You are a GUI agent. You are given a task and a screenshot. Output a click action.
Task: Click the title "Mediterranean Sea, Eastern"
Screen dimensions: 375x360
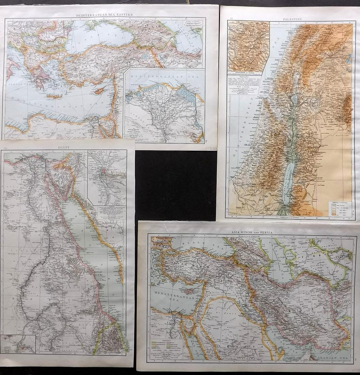click(105, 15)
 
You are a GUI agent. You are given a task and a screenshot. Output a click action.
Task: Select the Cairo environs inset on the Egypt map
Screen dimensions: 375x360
click(107, 177)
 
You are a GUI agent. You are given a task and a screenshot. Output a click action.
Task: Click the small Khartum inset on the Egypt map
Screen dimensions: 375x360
click(18, 344)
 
